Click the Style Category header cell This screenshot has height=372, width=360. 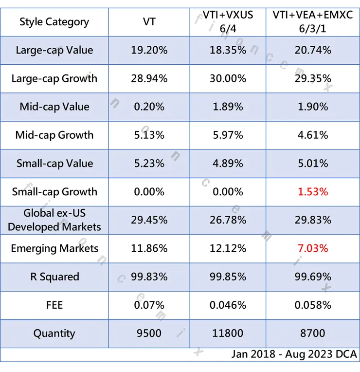54,22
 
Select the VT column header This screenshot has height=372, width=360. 149,22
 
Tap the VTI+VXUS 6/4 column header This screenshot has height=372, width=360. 228,22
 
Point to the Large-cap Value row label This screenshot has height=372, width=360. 54,50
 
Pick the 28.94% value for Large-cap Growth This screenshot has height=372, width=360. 149,78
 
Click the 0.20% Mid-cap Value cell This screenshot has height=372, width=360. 149,107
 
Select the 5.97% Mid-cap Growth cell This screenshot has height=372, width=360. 228,135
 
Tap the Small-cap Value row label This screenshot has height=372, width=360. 54,163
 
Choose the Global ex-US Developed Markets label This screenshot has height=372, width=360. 54,220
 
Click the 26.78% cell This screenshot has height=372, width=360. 228,220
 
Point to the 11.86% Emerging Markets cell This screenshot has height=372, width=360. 149,248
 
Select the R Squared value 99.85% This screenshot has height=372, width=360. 228,277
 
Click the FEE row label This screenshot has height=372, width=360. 54,305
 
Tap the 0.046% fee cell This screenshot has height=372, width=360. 228,305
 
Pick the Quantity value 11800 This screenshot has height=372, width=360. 228,334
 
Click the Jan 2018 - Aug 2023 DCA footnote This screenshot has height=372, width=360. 294,354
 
